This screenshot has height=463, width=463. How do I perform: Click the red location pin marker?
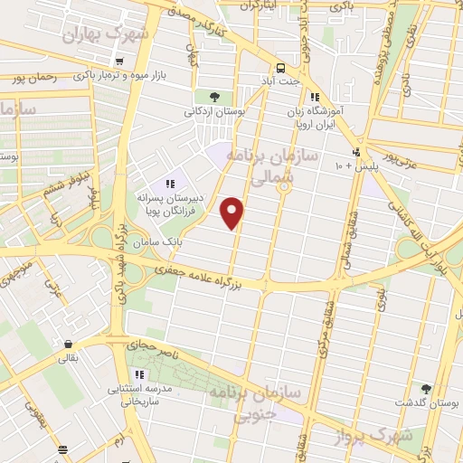pos(233,212)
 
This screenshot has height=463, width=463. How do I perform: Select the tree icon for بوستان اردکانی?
pos(214,97)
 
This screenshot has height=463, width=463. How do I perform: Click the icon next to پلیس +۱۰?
pos(358,151)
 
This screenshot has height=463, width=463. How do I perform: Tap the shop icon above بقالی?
pos(68,344)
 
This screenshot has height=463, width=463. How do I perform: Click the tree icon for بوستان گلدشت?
pos(426,389)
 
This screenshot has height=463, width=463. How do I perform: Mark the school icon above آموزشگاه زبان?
pos(314,98)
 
